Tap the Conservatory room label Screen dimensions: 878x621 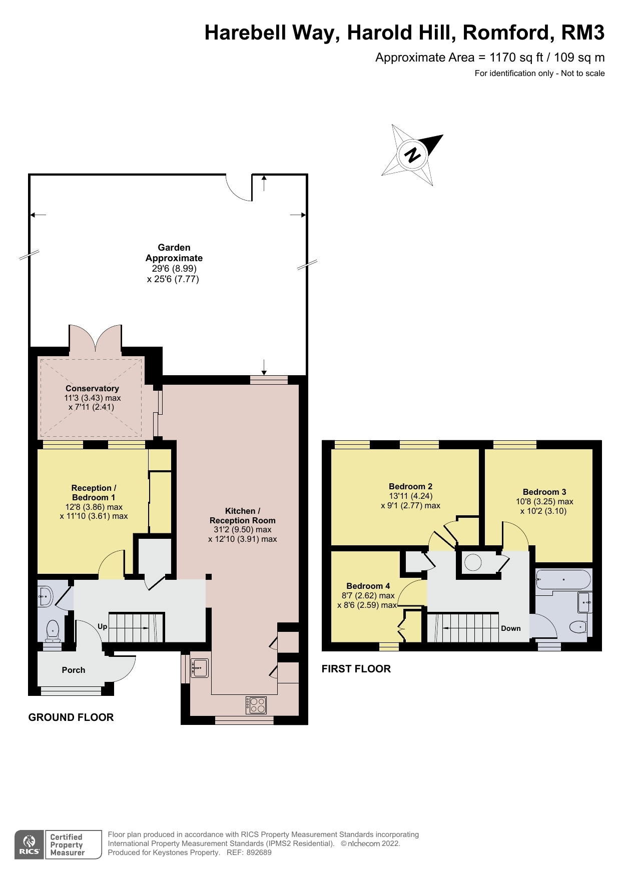pyautogui.click(x=92, y=388)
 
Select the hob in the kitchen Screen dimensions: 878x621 pyautogui.click(x=256, y=705)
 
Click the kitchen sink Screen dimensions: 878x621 pyautogui.click(x=200, y=668)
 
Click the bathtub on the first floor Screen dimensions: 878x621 pyautogui.click(x=563, y=580)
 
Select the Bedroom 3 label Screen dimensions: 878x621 pyautogui.click(x=544, y=492)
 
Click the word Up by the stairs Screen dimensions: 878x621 pyautogui.click(x=103, y=626)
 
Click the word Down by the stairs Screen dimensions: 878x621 pyautogui.click(x=510, y=628)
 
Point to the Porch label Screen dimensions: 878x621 pyautogui.click(x=74, y=670)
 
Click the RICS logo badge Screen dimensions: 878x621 pyautogui.click(x=29, y=845)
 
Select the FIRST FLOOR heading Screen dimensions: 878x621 pyautogui.click(x=356, y=669)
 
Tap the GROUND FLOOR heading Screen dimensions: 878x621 pyautogui.click(x=71, y=717)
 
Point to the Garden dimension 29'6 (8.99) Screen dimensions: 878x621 pyautogui.click(x=174, y=269)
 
